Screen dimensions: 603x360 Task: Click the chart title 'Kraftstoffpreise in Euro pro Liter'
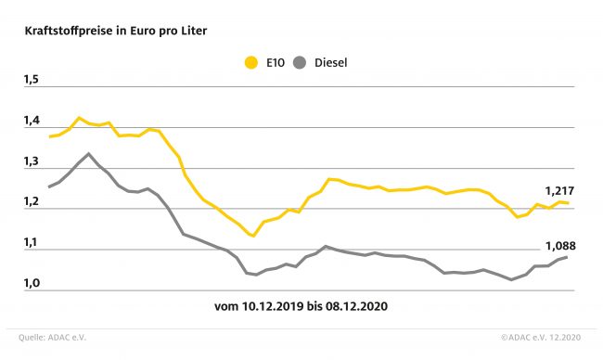tap(116, 31)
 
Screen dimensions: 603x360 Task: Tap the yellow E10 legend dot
tap(251, 62)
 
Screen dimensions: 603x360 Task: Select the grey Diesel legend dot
tap(300, 62)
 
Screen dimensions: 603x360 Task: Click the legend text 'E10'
tap(276, 63)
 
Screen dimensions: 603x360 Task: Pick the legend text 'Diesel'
tap(331, 63)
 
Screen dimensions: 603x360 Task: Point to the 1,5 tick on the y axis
tap(32, 80)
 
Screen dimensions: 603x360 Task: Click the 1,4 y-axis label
tap(32, 121)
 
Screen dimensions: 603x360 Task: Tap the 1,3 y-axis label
tap(32, 161)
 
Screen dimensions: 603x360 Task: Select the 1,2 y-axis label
tap(32, 201)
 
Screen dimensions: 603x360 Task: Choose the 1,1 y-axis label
tap(32, 242)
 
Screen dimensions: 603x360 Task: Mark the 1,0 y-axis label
tap(32, 283)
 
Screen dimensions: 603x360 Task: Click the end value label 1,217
tap(559, 191)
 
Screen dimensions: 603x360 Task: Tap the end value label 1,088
tap(560, 246)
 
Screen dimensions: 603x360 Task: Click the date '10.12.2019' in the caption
tap(273, 306)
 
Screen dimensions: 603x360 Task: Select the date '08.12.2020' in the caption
tap(356, 306)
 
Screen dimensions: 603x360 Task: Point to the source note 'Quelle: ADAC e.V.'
tap(52, 338)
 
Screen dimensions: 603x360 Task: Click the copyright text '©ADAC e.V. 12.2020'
tap(541, 338)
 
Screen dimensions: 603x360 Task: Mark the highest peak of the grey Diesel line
tap(88, 153)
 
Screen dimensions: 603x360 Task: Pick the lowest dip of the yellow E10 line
tap(253, 236)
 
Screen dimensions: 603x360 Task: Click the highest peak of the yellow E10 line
tap(79, 118)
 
